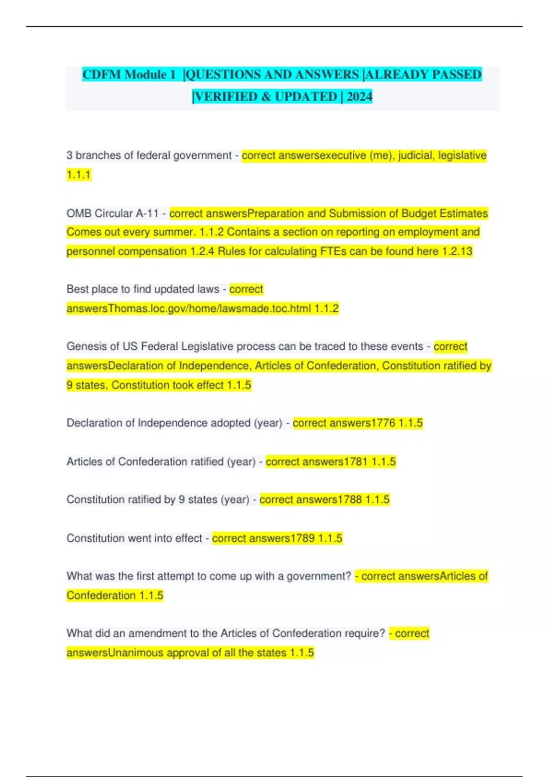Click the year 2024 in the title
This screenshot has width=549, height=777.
click(x=360, y=96)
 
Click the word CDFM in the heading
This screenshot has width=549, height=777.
click(x=102, y=75)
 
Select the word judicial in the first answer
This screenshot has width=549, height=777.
click(x=416, y=155)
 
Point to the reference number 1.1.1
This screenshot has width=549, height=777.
click(x=79, y=175)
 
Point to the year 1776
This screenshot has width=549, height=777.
click(x=383, y=423)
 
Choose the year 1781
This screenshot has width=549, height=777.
click(x=355, y=462)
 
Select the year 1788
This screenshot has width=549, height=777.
click(x=350, y=500)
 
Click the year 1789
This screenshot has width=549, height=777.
click(x=302, y=538)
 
